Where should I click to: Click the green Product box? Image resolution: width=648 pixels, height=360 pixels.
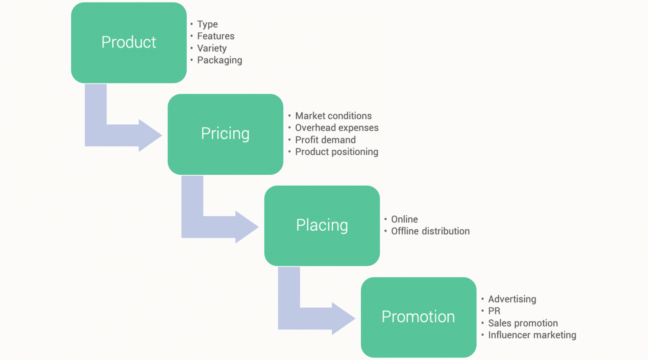click(129, 43)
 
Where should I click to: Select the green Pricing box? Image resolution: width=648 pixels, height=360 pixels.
click(225, 134)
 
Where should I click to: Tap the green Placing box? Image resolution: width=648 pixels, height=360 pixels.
click(322, 226)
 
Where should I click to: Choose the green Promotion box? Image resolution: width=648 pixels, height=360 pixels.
click(418, 317)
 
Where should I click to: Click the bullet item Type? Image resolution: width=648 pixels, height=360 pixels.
click(207, 24)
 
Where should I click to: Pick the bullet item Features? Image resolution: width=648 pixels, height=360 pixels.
click(215, 36)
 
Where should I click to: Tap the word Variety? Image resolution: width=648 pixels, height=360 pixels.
click(212, 48)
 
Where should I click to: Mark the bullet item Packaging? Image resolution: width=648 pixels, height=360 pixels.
click(219, 60)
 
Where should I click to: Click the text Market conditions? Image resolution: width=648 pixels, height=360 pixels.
click(333, 116)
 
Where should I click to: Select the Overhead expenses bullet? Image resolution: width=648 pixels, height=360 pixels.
click(336, 128)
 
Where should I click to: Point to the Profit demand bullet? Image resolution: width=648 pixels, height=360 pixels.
click(325, 140)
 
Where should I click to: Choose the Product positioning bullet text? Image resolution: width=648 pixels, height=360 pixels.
click(336, 152)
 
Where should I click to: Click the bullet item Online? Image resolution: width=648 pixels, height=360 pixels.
click(404, 219)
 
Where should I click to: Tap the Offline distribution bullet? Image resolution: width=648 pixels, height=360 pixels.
click(430, 231)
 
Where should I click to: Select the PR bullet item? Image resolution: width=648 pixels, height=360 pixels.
click(494, 311)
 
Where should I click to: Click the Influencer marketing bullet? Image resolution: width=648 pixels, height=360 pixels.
click(532, 335)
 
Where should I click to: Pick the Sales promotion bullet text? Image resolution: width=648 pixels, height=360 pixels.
click(523, 323)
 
